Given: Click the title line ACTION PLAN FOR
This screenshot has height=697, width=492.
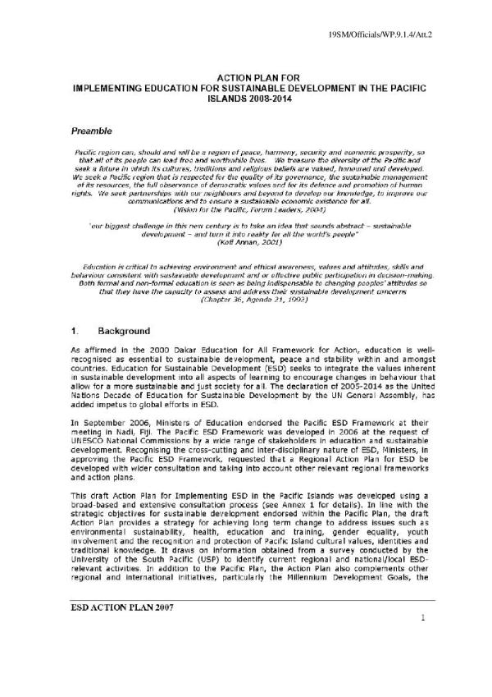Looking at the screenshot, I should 247,75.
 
